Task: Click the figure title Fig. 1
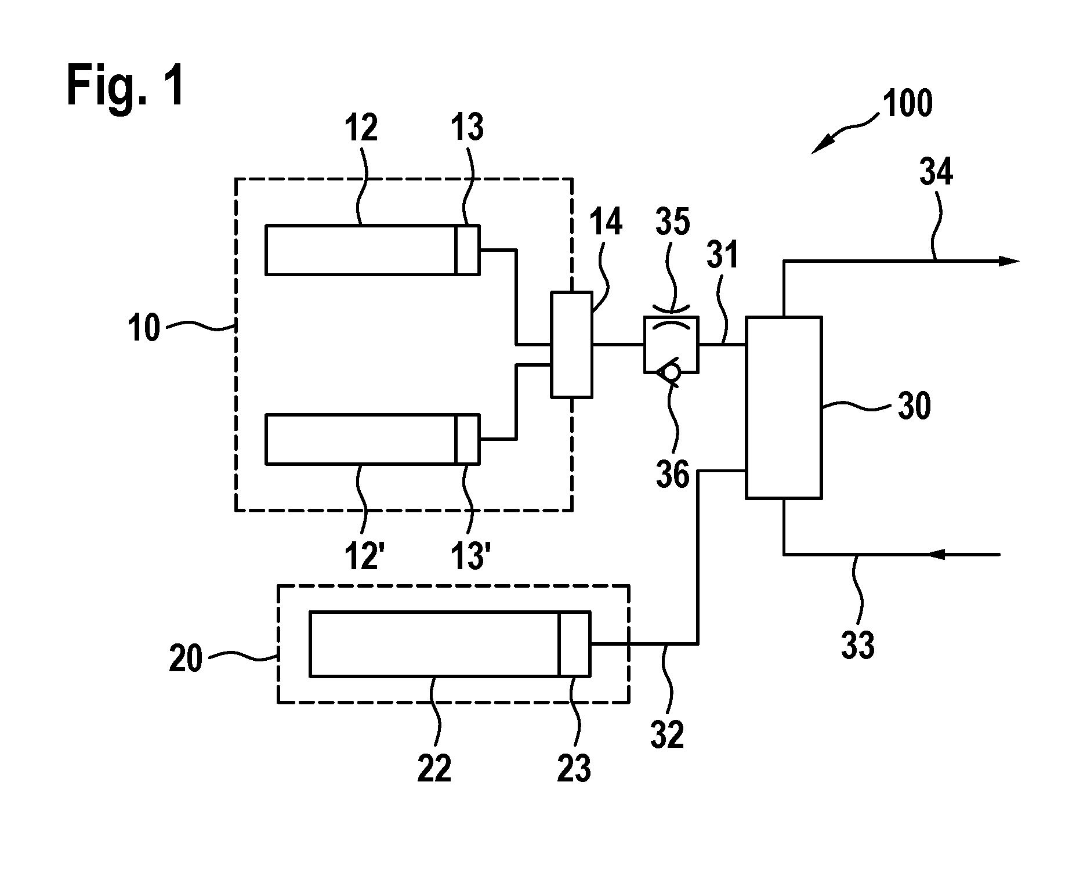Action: click(126, 85)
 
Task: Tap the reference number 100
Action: click(907, 104)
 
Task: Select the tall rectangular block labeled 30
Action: click(784, 407)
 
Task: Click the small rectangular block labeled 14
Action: click(571, 345)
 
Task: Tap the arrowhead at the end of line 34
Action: click(1008, 261)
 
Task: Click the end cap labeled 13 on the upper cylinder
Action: click(468, 249)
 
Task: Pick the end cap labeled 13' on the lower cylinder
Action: click(468, 439)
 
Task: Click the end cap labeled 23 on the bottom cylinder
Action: click(574, 643)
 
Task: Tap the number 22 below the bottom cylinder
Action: click(434, 769)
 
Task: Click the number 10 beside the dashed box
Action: click(143, 328)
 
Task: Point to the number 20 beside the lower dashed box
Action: click(186, 659)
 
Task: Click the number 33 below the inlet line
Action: click(858, 645)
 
